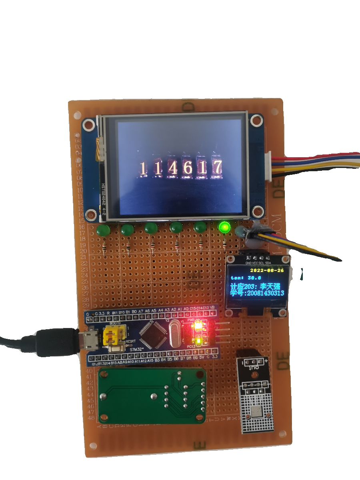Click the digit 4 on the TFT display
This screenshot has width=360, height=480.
pyautogui.click(x=173, y=168)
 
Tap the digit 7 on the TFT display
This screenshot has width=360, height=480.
pyautogui.click(x=217, y=168)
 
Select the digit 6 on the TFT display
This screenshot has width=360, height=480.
pyautogui.click(x=188, y=168)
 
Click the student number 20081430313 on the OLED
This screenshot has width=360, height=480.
pyautogui.click(x=266, y=293)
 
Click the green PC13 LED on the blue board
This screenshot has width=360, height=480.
pyautogui.click(x=198, y=341)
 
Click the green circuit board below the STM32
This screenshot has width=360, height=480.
pyautogui.click(x=152, y=396)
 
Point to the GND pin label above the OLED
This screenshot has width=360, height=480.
pyautogui.click(x=248, y=264)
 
